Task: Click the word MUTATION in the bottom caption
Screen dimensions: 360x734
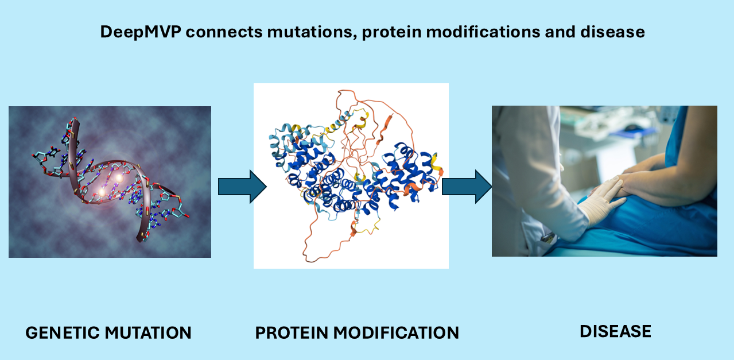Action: pyautogui.click(x=152, y=332)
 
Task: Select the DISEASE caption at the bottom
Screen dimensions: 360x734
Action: pyautogui.click(x=615, y=331)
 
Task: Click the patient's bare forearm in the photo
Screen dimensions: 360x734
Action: pyautogui.click(x=666, y=172)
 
